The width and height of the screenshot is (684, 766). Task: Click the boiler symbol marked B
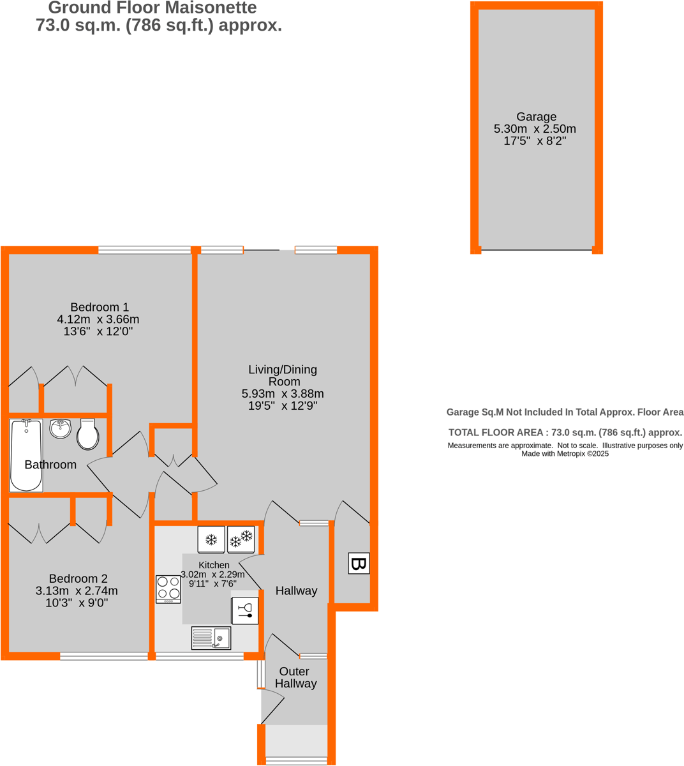[359, 564]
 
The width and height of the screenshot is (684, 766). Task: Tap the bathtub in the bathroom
[26, 455]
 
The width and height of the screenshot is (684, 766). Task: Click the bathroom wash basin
[61, 428]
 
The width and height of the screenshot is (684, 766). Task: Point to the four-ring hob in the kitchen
[168, 589]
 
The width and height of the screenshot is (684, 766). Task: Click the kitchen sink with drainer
[211, 638]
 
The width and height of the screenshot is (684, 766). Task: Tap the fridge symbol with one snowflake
[211, 540]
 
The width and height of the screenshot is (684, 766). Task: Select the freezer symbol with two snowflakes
[241, 540]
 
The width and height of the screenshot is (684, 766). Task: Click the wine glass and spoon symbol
[245, 611]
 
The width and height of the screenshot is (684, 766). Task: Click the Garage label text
[536, 117]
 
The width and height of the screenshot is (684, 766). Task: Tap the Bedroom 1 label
[100, 307]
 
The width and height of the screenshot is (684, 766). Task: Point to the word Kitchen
[214, 565]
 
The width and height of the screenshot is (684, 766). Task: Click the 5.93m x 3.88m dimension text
[283, 394]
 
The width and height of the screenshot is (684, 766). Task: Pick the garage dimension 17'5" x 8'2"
[535, 140]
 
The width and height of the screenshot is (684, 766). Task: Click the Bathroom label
[50, 465]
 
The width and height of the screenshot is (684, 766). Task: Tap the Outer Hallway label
[295, 677]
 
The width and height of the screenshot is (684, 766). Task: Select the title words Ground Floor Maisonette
[152, 8]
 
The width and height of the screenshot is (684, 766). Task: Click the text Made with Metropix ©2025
[565, 454]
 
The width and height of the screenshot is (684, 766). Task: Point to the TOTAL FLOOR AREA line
[565, 432]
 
